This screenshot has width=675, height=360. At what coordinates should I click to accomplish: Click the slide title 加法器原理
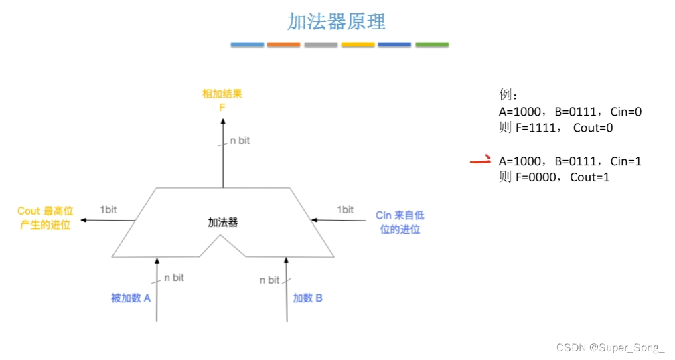(x=337, y=21)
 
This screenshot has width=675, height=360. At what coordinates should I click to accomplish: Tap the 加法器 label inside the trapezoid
(x=223, y=222)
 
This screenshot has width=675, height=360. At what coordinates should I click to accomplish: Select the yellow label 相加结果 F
(x=222, y=100)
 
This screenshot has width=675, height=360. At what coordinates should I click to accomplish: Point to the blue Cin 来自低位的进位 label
(x=400, y=222)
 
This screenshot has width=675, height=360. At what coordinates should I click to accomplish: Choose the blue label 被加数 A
(x=131, y=298)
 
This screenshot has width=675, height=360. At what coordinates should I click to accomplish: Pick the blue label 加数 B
(x=308, y=298)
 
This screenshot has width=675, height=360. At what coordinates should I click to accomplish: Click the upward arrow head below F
(x=223, y=121)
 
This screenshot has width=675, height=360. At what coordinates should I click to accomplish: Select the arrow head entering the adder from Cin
(x=314, y=219)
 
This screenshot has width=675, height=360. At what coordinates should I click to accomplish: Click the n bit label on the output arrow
(x=240, y=141)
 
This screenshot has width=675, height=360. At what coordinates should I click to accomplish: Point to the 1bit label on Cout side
(x=108, y=209)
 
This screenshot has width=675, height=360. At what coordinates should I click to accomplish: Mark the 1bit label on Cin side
(x=345, y=209)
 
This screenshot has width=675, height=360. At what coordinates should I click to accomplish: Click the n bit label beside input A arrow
(x=174, y=277)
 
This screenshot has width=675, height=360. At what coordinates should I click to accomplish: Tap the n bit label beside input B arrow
(x=270, y=280)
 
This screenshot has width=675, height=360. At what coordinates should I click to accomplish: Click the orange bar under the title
(x=283, y=45)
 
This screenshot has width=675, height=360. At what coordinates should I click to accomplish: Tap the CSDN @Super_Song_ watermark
(x=610, y=347)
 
